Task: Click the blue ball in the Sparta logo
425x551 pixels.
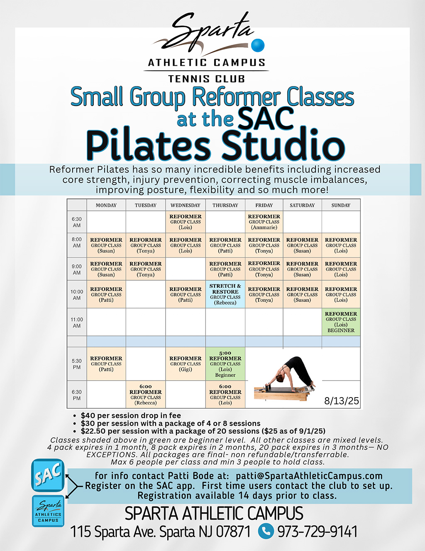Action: pos(258,45)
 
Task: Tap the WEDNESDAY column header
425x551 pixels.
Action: pos(186,205)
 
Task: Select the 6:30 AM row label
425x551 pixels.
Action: pos(77,222)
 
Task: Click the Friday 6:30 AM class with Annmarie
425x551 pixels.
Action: pos(264,222)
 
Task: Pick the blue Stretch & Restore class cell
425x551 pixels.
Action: pos(225,294)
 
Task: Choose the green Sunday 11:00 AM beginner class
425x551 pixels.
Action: pos(341,322)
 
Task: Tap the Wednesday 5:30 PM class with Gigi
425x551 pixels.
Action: pos(186,363)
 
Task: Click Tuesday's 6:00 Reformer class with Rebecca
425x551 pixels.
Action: pos(145,394)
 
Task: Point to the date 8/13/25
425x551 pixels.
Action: pos(342,400)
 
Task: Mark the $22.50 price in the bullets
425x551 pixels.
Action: pos(92,431)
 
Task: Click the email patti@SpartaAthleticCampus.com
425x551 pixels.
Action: pos(309,476)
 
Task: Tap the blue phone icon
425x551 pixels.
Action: pos(266,531)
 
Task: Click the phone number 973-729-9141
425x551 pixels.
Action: pos(318,531)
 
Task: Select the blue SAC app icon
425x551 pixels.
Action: pos(48,475)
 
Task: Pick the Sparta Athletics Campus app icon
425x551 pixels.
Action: pos(48,511)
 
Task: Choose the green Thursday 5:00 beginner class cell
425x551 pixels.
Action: pos(225,363)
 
